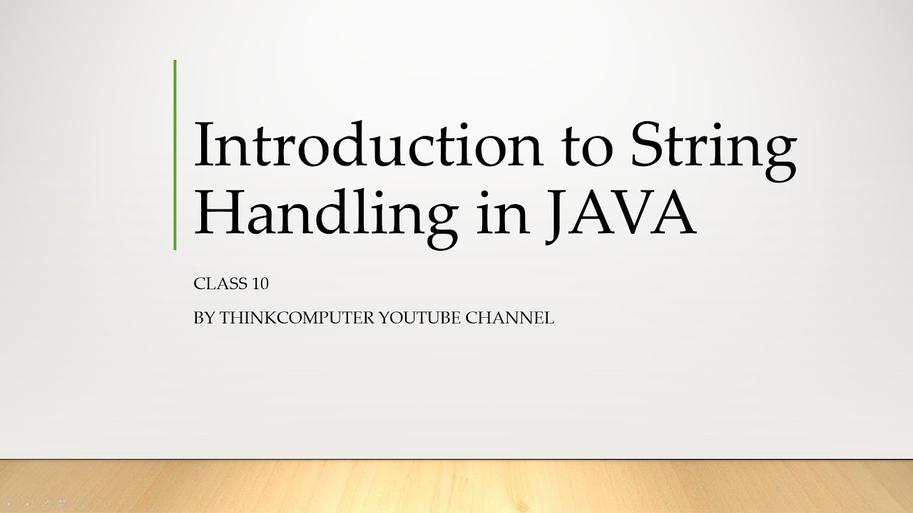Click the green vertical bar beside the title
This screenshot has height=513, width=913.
pyautogui.click(x=175, y=155)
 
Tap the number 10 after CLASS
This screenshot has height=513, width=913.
pyautogui.click(x=260, y=284)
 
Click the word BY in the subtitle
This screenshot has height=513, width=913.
pyautogui.click(x=203, y=318)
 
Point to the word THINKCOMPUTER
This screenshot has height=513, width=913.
pyautogui.click(x=296, y=318)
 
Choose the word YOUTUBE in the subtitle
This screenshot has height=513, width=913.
pyautogui.click(x=419, y=318)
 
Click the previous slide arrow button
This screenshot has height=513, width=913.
pyautogui.click(x=10, y=504)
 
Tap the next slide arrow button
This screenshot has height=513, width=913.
pyautogui.click(x=27, y=504)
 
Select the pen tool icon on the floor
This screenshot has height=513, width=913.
pyautogui.click(x=45, y=504)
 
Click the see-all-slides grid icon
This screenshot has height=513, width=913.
pyautogui.click(x=63, y=504)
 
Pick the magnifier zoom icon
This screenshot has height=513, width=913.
pyautogui.click(x=81, y=504)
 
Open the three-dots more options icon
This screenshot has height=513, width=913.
pyautogui.click(x=98, y=504)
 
